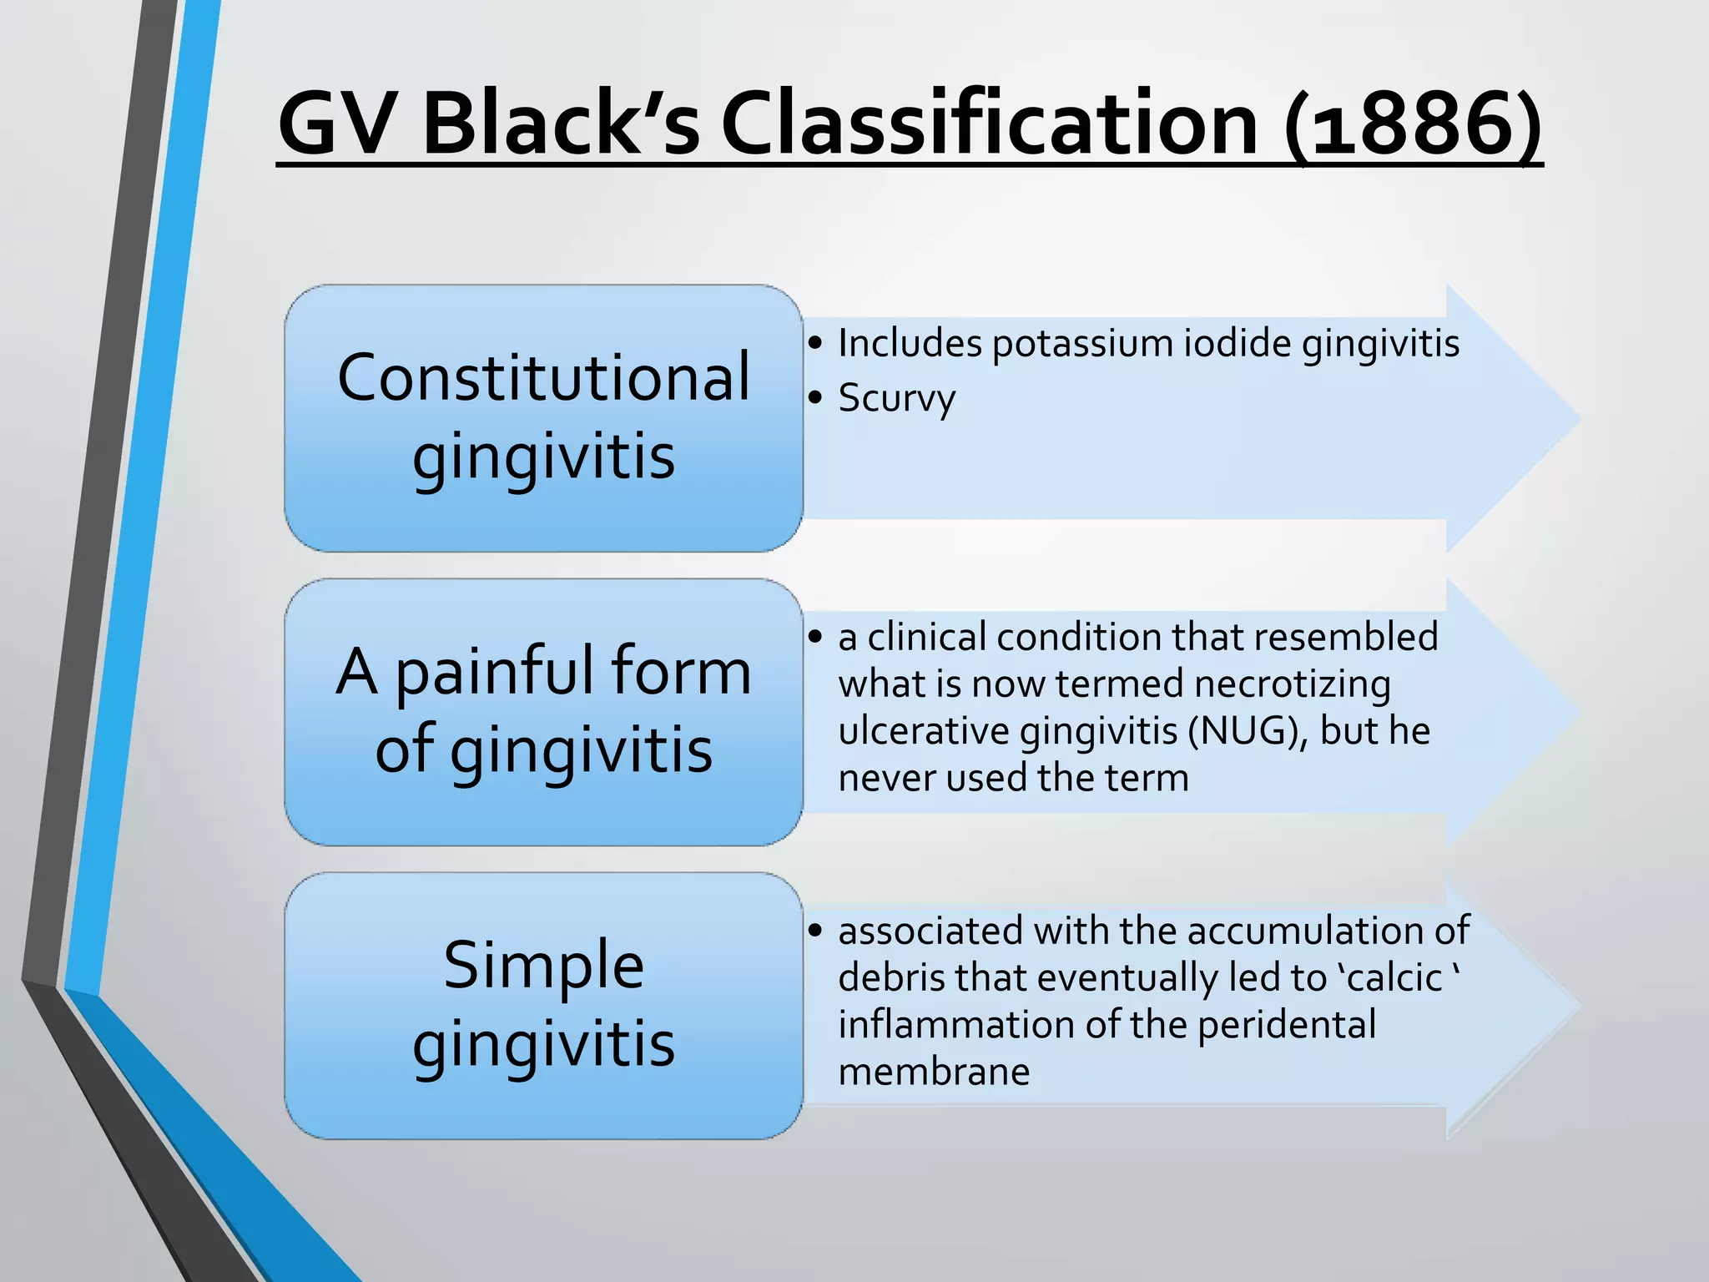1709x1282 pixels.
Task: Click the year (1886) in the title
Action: click(x=1412, y=125)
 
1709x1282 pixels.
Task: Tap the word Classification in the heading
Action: click(x=989, y=125)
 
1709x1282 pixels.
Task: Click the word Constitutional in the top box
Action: click(x=544, y=378)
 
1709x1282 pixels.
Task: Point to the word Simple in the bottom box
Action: click(x=544, y=966)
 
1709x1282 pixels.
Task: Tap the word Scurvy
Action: click(x=896, y=398)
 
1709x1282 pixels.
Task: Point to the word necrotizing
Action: click(x=1293, y=684)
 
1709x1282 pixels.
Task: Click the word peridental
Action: click(x=1287, y=1025)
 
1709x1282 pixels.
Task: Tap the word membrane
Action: click(x=934, y=1072)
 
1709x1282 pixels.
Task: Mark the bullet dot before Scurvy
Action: click(x=815, y=398)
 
